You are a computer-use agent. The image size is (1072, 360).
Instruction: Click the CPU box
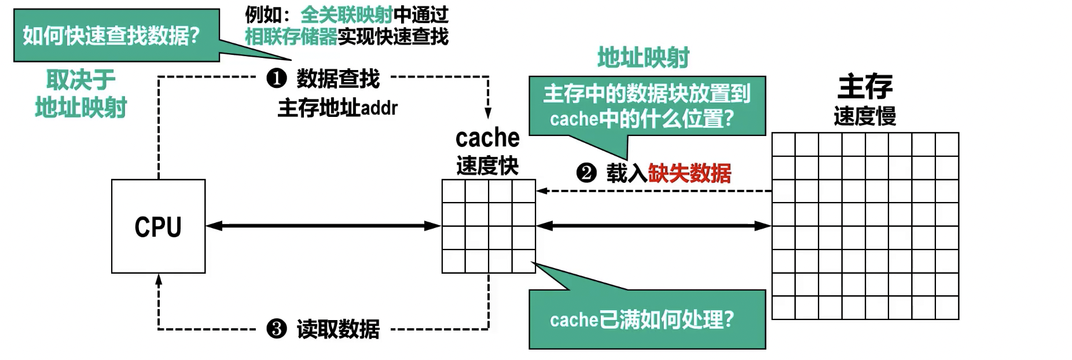158,226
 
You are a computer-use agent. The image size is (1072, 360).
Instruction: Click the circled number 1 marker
277,78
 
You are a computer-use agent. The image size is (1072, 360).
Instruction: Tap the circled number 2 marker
586,172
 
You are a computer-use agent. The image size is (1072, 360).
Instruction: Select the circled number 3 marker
277,329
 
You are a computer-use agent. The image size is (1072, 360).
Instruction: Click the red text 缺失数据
689,172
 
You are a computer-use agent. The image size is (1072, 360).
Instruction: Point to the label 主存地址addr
337,108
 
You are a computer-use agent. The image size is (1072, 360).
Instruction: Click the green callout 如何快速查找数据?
111,36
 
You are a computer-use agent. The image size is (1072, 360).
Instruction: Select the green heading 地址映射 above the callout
643,58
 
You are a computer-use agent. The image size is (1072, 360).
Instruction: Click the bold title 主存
865,87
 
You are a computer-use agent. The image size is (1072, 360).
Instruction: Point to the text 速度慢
865,116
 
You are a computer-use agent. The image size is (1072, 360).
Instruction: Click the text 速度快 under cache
487,166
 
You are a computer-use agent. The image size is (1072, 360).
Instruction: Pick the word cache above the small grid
487,138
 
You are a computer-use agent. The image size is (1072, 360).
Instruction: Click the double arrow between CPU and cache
323,226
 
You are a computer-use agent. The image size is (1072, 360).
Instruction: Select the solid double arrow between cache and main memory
654,226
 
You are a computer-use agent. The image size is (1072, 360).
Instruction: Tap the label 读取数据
338,329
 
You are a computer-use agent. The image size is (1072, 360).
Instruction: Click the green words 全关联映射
346,14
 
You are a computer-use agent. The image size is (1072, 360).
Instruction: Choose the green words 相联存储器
291,36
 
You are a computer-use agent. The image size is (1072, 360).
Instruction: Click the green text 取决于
81,79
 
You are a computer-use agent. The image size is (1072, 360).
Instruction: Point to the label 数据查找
338,78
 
